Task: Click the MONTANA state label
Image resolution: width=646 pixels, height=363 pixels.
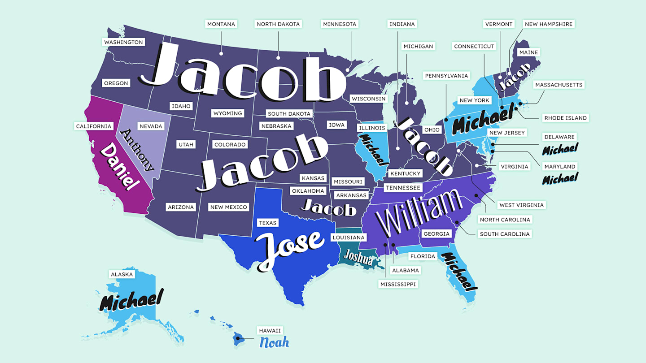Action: [221, 24]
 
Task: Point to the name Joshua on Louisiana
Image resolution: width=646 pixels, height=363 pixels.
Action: [358, 258]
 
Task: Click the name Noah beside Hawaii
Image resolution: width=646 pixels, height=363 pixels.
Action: [274, 342]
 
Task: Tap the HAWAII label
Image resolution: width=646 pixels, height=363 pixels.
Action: [270, 330]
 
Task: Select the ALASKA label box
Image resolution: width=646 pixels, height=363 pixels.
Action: [122, 274]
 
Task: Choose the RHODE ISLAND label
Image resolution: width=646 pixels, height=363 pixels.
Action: [565, 118]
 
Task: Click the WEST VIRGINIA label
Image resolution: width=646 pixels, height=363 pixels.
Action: [521, 205]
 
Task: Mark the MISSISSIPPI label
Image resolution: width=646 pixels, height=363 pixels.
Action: [398, 284]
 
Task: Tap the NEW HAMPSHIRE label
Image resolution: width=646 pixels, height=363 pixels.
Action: [549, 24]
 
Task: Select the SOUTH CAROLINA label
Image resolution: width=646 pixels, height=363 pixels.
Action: [505, 234]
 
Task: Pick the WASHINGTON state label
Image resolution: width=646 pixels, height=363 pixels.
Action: [123, 42]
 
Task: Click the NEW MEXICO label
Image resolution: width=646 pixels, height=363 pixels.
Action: [229, 207]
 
